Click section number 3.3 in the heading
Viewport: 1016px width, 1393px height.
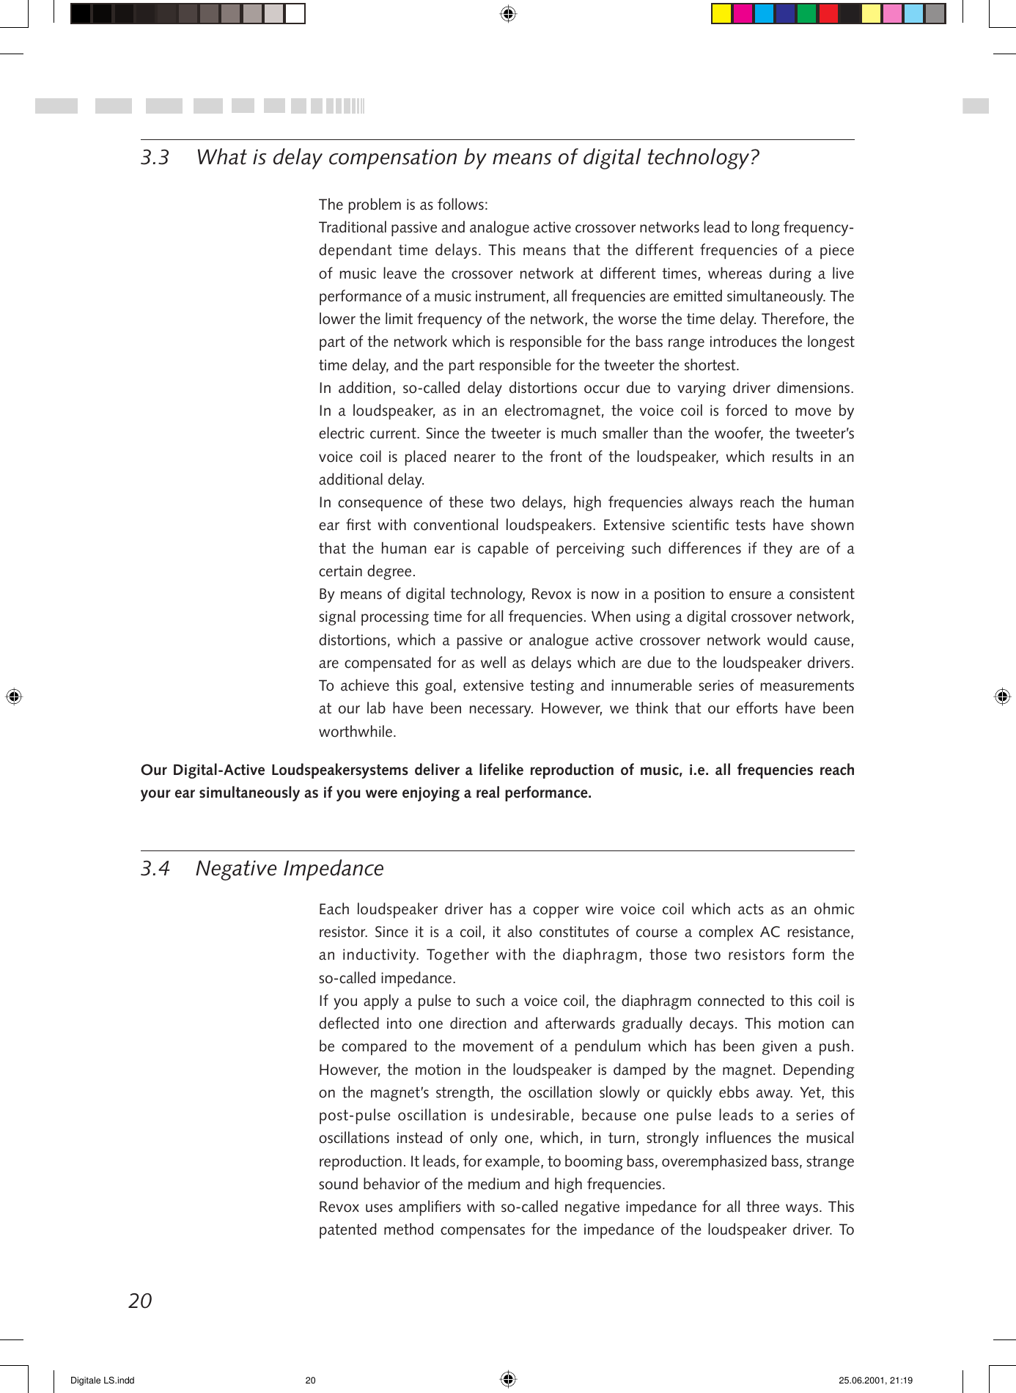pos(155,158)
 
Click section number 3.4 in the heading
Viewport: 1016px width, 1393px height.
pos(155,869)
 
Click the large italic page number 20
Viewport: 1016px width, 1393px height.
pos(140,1301)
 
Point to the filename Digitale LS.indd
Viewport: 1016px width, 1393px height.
pos(103,1381)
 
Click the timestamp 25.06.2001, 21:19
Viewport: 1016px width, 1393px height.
pos(875,1381)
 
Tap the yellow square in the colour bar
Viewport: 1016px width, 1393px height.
pos(721,14)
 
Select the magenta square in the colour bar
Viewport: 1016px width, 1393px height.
pos(743,14)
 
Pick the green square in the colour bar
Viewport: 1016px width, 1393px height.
pos(806,14)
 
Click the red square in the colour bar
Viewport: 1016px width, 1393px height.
pos(828,14)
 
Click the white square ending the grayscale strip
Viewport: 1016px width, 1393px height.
pos(295,14)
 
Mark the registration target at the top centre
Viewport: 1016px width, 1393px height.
pos(508,14)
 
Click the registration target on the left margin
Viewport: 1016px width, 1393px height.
pos(14,696)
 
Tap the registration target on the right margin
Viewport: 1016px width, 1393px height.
pos(1002,696)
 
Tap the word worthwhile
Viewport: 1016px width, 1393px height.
pos(357,732)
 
